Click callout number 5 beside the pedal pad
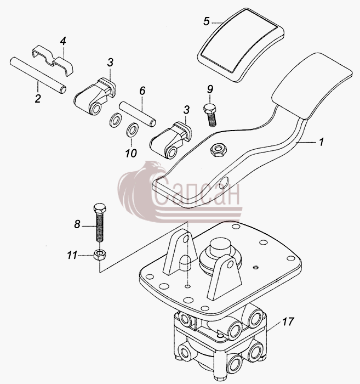point(207,21)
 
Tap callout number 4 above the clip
point(63,41)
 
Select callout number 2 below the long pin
point(38,98)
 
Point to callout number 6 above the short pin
point(142,91)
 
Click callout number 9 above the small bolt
point(210,89)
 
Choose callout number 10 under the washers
point(131,153)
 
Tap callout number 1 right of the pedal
point(321,142)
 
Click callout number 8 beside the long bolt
point(77,224)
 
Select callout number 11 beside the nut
point(72,256)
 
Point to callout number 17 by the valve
point(288,321)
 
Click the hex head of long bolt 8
point(100,208)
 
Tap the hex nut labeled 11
point(100,255)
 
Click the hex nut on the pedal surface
point(219,149)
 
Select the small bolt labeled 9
point(210,115)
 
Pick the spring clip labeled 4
point(53,60)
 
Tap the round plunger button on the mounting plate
point(221,246)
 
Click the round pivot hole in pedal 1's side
point(224,183)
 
